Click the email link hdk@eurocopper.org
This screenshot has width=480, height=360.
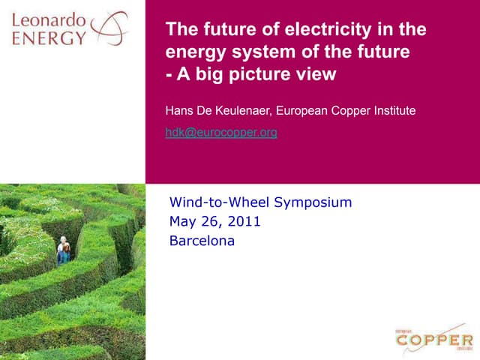pyautogui.click(x=221, y=133)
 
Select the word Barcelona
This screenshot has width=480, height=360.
pyautogui.click(x=202, y=241)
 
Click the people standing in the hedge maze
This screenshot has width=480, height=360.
pyautogui.click(x=64, y=251)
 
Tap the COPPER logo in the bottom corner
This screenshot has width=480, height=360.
pyautogui.click(x=435, y=340)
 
